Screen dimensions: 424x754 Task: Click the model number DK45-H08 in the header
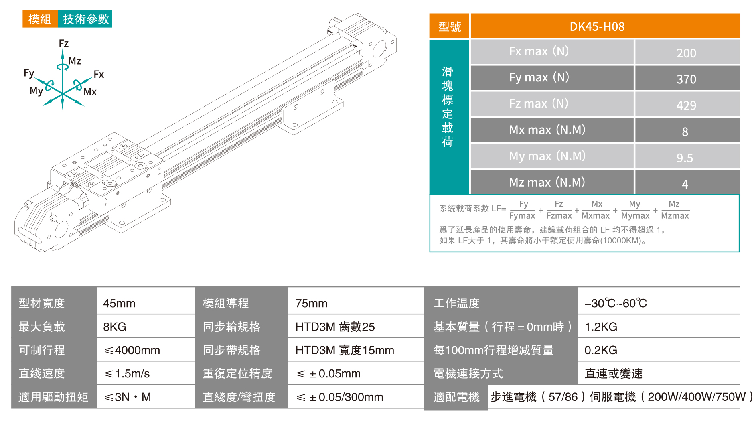click(597, 27)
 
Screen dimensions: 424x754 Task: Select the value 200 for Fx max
click(686, 53)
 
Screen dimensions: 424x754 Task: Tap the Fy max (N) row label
click(539, 77)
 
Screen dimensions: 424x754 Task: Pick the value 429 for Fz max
click(686, 105)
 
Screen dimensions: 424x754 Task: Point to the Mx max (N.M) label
click(547, 130)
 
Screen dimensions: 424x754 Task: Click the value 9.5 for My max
click(685, 158)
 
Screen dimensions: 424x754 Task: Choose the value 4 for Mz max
click(685, 184)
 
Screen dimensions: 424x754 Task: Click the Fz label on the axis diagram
click(63, 43)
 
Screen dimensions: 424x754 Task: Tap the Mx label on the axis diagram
click(90, 92)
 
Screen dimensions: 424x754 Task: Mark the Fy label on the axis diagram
click(29, 73)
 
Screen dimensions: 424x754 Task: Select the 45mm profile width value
click(119, 303)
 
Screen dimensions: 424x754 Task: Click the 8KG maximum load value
click(115, 327)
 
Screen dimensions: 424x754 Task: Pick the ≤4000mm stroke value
click(132, 350)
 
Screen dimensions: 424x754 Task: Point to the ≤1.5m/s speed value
click(127, 374)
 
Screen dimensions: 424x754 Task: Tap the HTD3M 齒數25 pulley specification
click(335, 327)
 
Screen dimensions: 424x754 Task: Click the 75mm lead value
click(311, 303)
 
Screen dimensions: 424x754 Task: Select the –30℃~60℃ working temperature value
click(616, 303)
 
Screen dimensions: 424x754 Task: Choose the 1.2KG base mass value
click(601, 327)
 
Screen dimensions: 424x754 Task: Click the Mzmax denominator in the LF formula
click(675, 216)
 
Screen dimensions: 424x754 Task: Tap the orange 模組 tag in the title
click(40, 19)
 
